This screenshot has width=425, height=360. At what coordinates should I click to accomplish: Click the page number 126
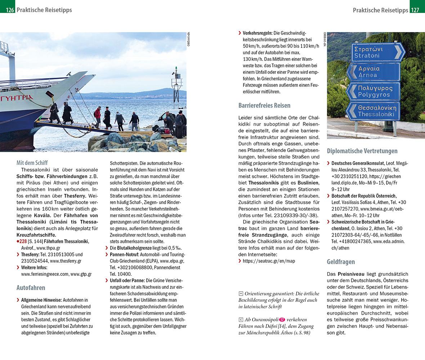[10, 10]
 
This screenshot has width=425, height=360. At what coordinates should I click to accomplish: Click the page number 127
[415, 10]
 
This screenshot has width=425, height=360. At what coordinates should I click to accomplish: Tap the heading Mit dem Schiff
[32, 163]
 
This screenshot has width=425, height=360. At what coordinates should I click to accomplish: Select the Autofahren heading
[31, 288]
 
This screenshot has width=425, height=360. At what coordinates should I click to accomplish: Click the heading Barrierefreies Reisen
[264, 105]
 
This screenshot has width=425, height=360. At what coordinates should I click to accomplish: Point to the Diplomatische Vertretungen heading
[362, 151]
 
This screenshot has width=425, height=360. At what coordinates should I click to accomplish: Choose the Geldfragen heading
[341, 262]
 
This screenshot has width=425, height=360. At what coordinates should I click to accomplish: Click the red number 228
[23, 241]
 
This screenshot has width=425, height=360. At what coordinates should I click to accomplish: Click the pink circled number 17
[282, 320]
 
